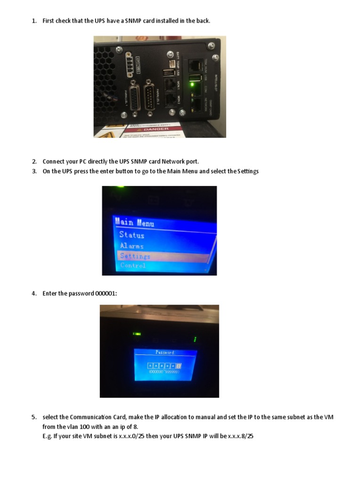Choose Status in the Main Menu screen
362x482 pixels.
pos(132,235)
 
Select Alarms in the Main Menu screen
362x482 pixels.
pos(132,246)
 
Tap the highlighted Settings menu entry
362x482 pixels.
pos(135,257)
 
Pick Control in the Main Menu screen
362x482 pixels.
pos(133,266)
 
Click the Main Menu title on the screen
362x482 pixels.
pos(134,222)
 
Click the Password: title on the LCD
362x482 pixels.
pos(165,352)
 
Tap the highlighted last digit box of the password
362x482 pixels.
pos(179,365)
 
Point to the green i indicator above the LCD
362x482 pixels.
pos(195,339)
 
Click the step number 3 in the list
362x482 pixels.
pos(34,171)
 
